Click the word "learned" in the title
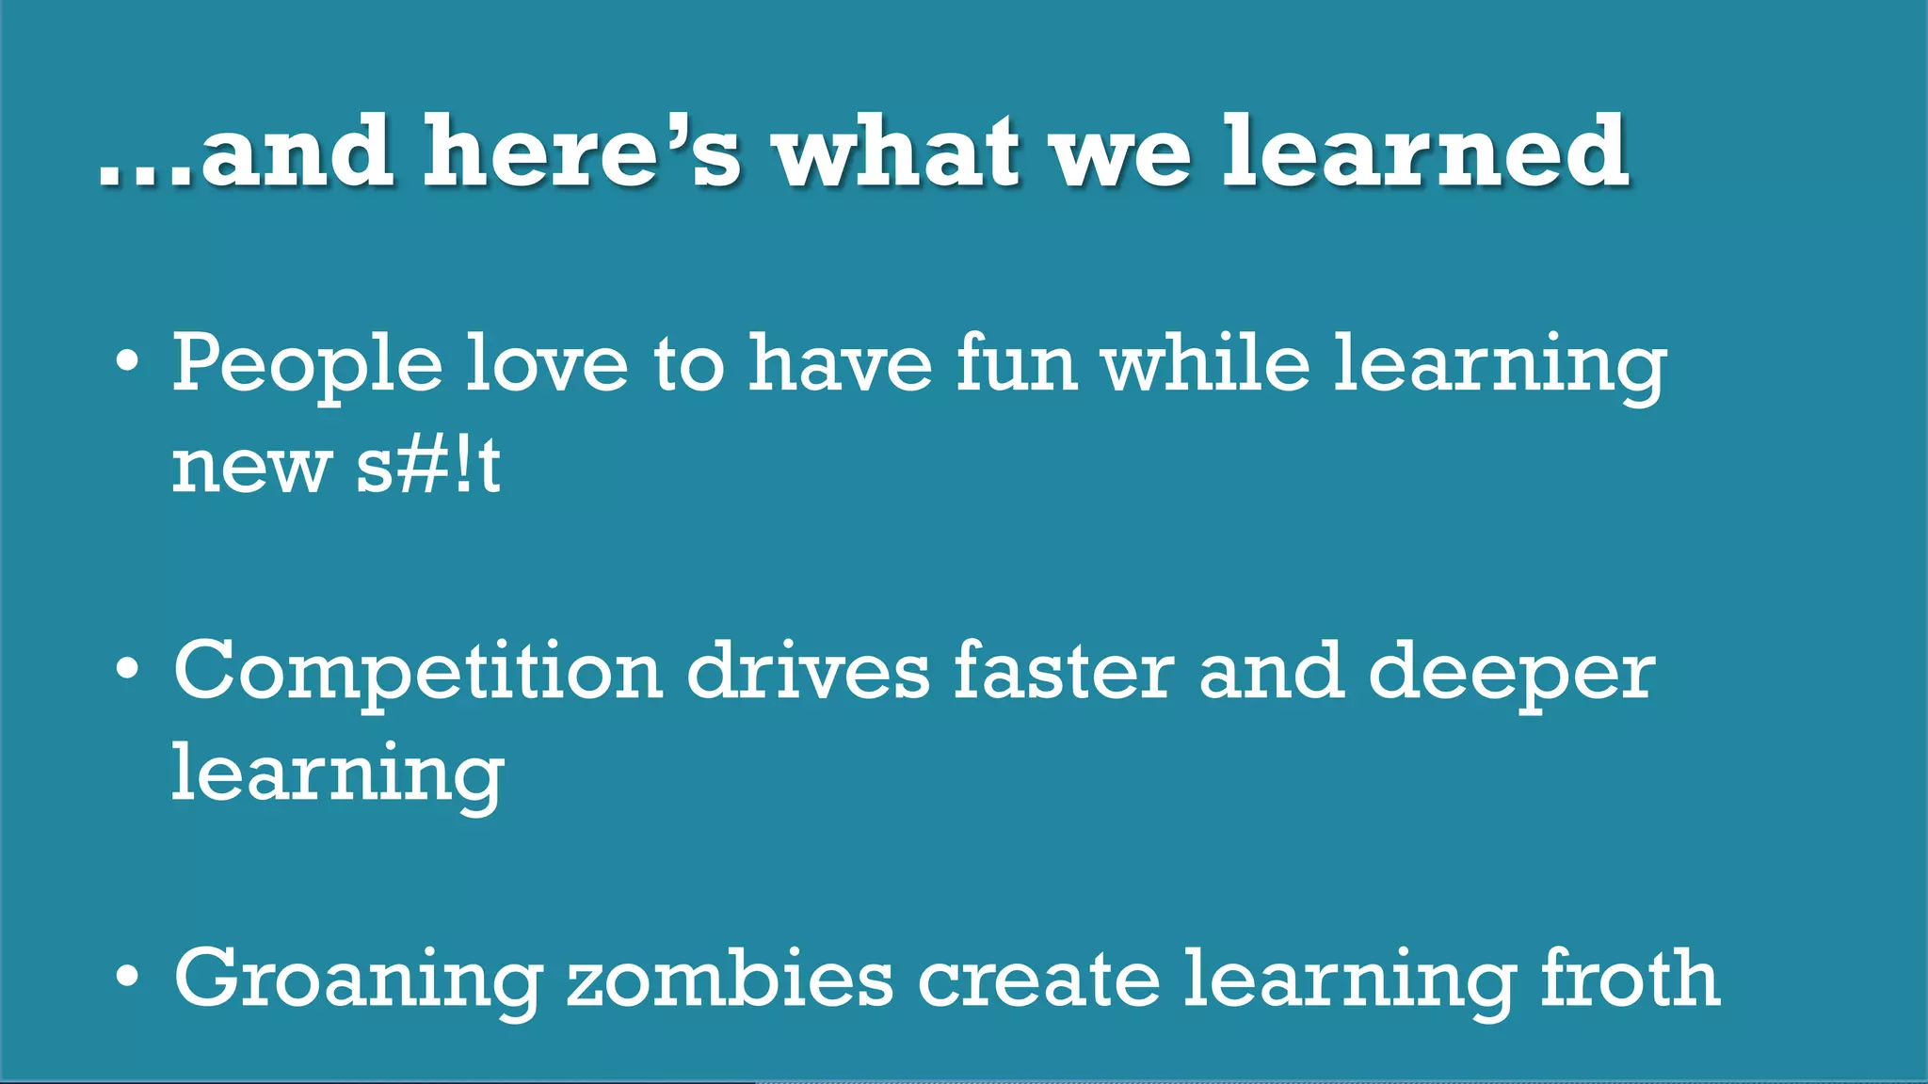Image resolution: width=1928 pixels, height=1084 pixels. click(x=1425, y=151)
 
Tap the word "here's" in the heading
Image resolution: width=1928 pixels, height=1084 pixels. click(x=582, y=151)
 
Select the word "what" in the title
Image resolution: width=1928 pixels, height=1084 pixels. click(x=897, y=151)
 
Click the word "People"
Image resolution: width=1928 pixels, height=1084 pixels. click(x=306, y=365)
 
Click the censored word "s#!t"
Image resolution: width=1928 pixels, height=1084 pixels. click(x=428, y=466)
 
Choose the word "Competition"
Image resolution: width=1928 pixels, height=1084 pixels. click(x=418, y=674)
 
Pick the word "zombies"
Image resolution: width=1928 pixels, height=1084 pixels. click(x=730, y=979)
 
